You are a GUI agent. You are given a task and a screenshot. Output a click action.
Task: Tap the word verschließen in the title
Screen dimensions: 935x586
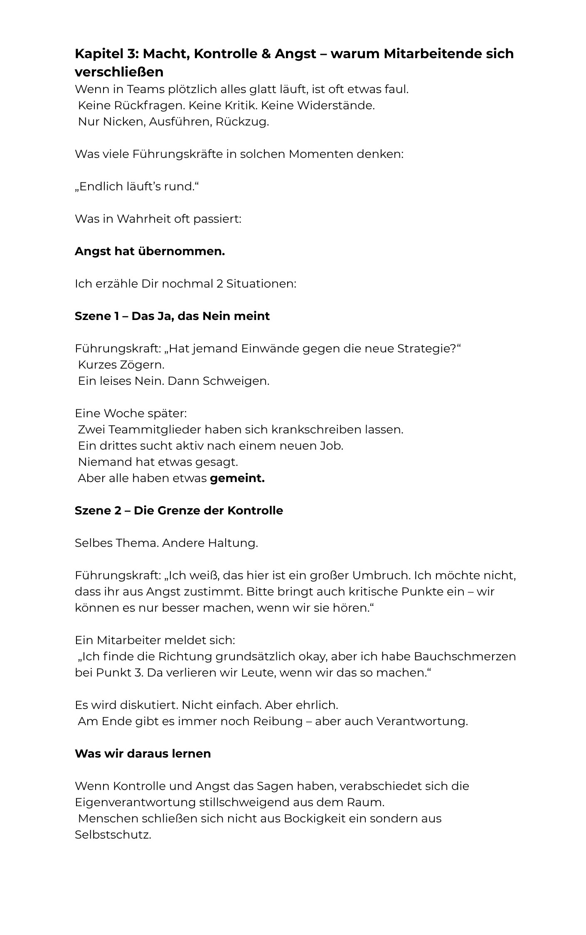pyautogui.click(x=119, y=72)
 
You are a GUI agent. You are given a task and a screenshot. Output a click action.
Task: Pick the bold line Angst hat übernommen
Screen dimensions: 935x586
pyautogui.click(x=150, y=251)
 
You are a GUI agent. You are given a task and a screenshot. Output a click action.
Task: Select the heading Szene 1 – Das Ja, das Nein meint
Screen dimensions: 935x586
pyautogui.click(x=172, y=316)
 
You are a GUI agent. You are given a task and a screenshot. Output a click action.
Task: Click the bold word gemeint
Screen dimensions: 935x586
pyautogui.click(x=237, y=478)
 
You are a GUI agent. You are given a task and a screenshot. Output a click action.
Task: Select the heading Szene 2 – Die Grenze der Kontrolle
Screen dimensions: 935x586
pyautogui.click(x=179, y=511)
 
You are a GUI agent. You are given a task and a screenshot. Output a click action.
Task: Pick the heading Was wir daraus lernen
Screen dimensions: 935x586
pyautogui.click(x=143, y=754)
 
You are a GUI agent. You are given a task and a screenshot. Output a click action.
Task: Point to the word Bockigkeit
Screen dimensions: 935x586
pyautogui.click(x=315, y=819)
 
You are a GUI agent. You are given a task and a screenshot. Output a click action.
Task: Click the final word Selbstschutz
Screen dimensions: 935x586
pyautogui.click(x=112, y=835)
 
